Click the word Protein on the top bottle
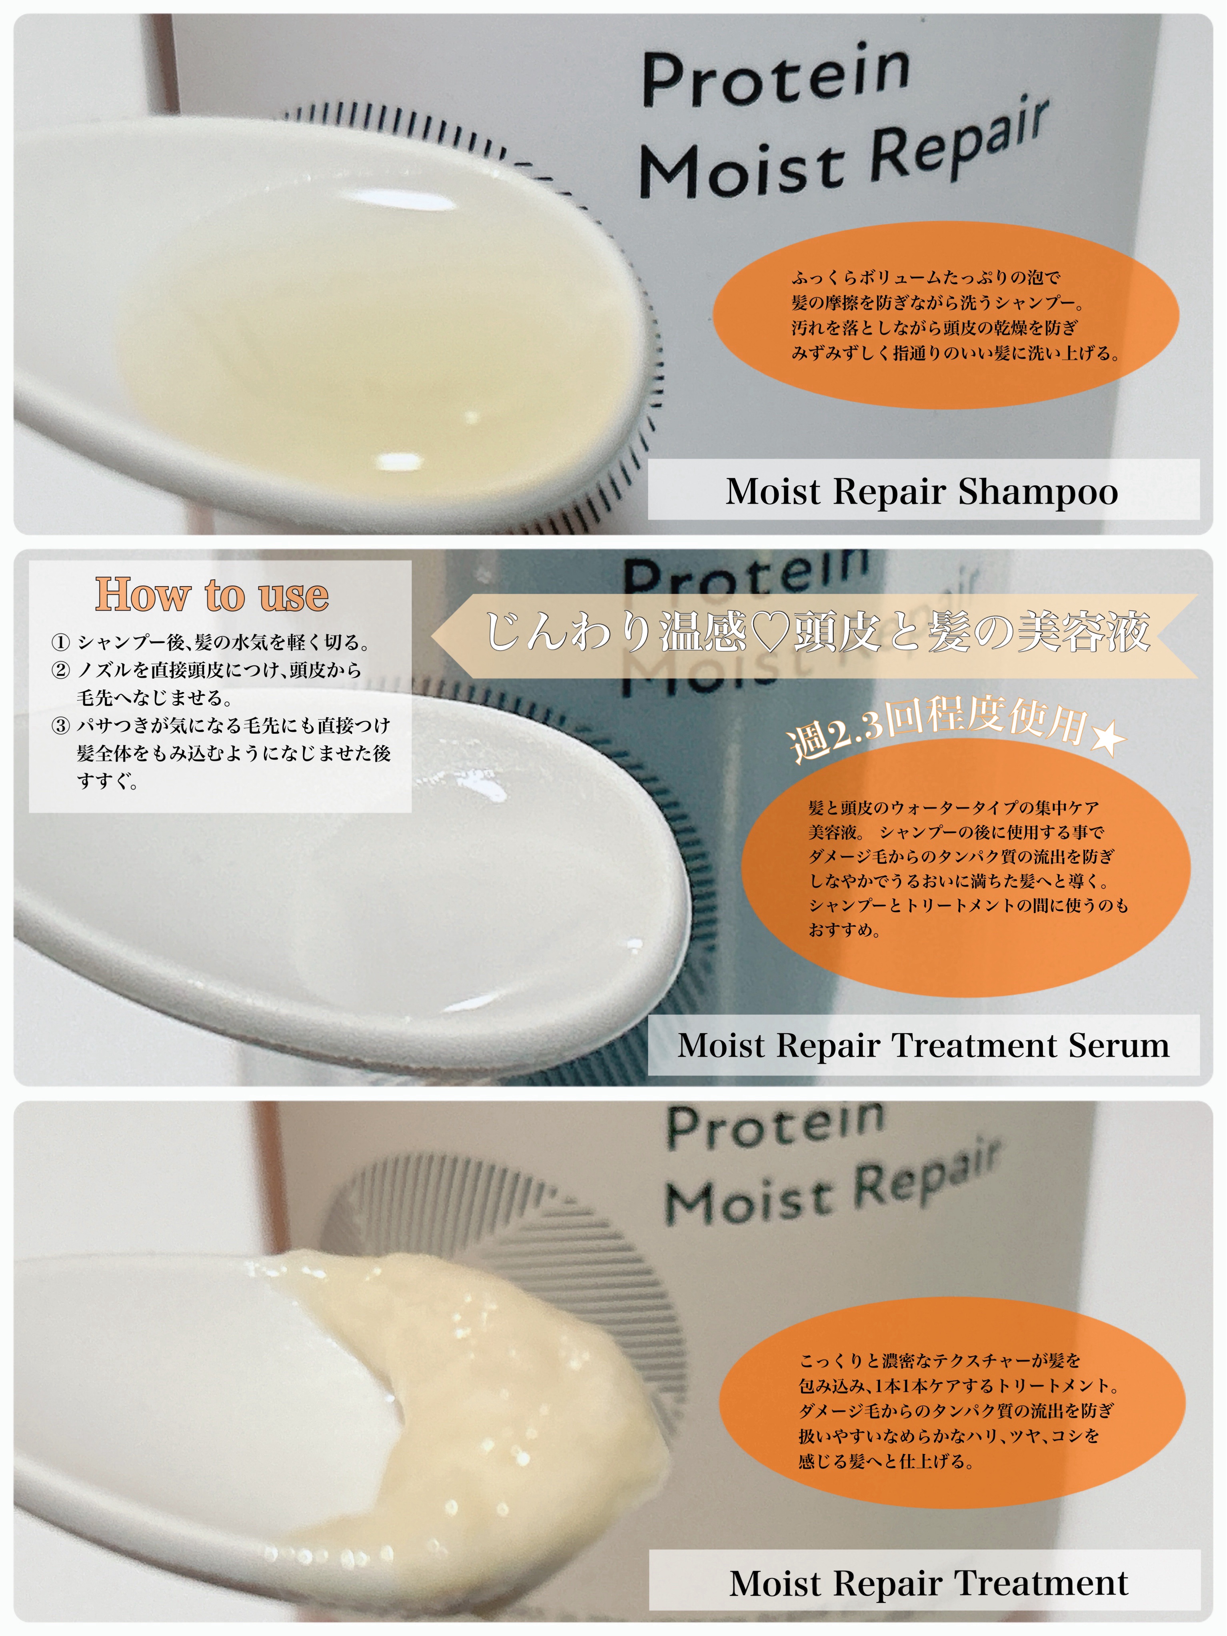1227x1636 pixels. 775,74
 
